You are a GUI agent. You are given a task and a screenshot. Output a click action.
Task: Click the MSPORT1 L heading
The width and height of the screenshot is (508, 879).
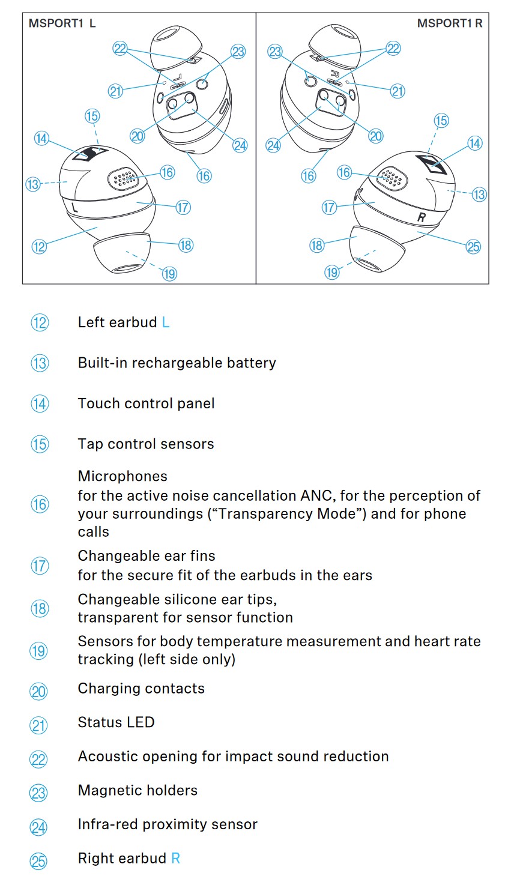tap(62, 23)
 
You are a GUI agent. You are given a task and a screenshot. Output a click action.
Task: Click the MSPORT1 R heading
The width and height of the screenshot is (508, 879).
tap(450, 23)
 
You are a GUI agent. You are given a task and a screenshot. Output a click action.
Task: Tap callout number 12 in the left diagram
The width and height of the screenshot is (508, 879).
tap(39, 246)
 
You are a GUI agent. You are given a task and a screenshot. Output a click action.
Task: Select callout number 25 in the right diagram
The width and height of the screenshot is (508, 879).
tap(473, 246)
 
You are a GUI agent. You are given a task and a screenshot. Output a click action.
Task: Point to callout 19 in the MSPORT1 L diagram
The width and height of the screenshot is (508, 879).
tap(169, 274)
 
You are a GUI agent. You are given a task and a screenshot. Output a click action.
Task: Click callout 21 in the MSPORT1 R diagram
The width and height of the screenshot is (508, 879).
tap(398, 91)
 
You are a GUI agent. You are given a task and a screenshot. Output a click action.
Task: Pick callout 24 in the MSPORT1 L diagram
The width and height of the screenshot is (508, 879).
tap(240, 145)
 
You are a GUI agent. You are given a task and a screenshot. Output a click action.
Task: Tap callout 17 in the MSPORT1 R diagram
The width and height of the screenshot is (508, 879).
tap(329, 208)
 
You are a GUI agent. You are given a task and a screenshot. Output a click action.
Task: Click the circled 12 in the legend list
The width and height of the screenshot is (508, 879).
tap(40, 323)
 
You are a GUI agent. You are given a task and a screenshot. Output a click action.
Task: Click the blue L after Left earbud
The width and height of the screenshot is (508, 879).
tap(166, 322)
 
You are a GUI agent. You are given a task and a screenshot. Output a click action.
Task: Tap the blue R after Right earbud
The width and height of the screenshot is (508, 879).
tap(175, 859)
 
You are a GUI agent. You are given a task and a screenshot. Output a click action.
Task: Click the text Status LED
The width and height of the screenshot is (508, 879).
tap(116, 722)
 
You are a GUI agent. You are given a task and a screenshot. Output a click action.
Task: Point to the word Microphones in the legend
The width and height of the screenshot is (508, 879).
tap(122, 476)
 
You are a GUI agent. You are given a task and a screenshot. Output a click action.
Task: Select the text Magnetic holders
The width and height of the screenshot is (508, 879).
tap(138, 790)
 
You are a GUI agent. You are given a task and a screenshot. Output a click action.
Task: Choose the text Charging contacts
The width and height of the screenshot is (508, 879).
tap(141, 689)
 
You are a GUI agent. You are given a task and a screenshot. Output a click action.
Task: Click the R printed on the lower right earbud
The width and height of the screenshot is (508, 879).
tap(422, 217)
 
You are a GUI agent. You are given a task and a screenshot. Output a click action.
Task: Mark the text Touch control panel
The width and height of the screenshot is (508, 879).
tap(146, 403)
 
